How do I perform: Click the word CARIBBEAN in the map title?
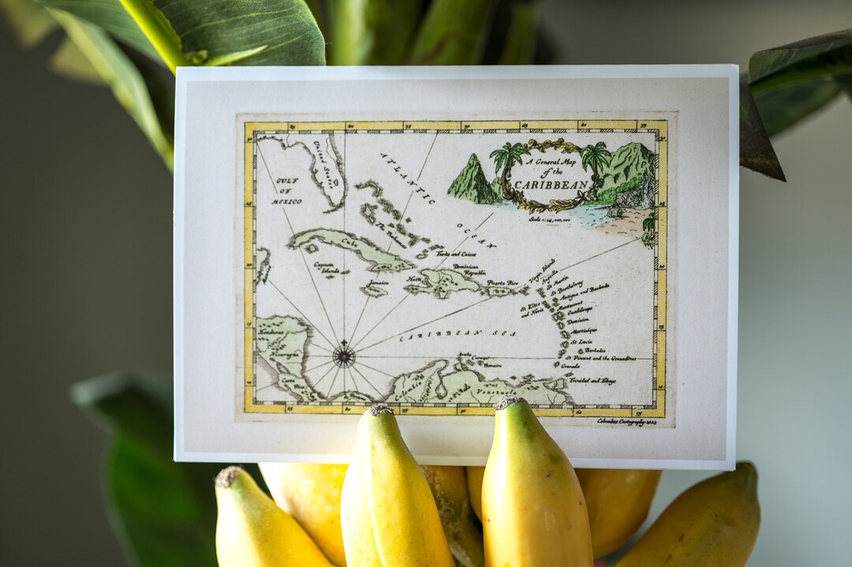click(x=551, y=185)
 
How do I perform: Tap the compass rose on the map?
click(x=343, y=356)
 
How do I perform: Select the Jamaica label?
click(x=378, y=283)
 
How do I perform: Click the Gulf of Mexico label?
click(x=287, y=191)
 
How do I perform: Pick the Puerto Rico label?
click(x=502, y=282)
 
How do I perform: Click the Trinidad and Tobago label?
click(x=592, y=380)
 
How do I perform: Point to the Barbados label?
click(x=595, y=350)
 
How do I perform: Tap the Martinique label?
click(x=585, y=330)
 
